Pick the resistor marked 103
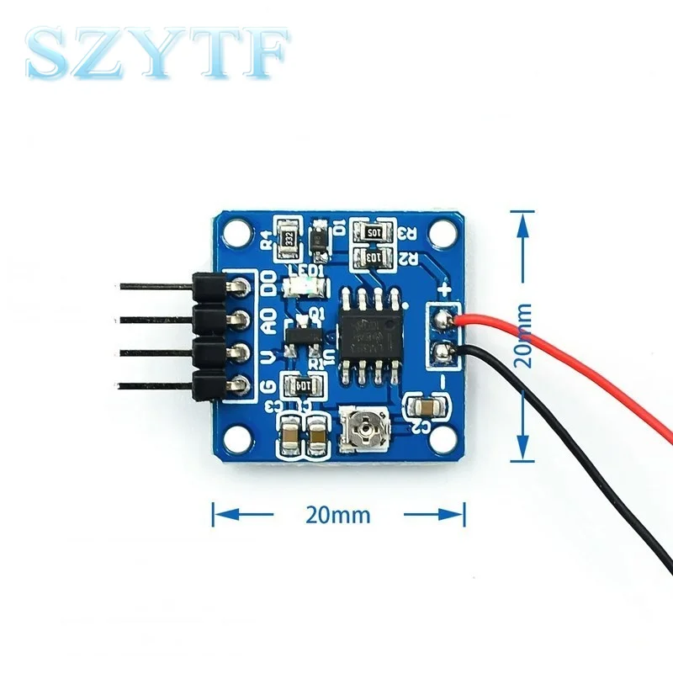tap(370, 256)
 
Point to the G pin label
tap(268, 385)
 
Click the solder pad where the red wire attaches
tap(441, 318)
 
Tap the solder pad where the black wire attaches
tap(441, 351)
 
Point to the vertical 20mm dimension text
tap(523, 333)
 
